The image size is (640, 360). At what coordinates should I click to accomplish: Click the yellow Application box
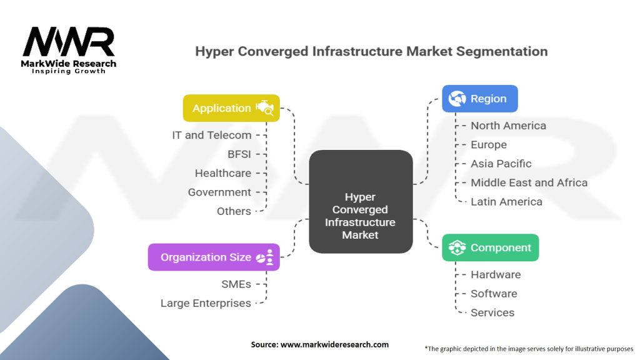[231, 108]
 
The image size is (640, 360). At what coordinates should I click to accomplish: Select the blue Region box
[480, 99]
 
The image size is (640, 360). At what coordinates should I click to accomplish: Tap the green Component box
[490, 247]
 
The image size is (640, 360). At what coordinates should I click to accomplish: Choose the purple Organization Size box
[214, 257]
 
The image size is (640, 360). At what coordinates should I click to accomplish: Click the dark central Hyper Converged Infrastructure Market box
[361, 202]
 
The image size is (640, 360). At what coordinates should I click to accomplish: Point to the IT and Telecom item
[211, 135]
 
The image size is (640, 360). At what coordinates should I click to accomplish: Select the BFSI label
[239, 154]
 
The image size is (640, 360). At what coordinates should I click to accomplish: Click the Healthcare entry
[223, 173]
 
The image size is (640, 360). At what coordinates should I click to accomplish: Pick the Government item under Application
[219, 192]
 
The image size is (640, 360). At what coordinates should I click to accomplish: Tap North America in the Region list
[509, 126]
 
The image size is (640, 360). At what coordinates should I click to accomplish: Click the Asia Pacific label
[501, 164]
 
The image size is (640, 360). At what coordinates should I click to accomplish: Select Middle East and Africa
[529, 183]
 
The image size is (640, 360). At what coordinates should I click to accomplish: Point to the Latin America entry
[506, 202]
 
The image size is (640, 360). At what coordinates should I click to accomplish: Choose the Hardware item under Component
[496, 275]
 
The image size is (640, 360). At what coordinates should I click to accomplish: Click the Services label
[492, 312]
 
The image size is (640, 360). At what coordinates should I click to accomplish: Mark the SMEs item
[236, 284]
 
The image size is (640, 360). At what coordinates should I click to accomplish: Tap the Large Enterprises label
[206, 303]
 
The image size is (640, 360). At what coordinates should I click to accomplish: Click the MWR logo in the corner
[69, 50]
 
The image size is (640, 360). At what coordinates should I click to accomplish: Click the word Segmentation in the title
[502, 52]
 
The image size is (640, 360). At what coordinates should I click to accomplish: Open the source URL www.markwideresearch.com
[334, 344]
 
